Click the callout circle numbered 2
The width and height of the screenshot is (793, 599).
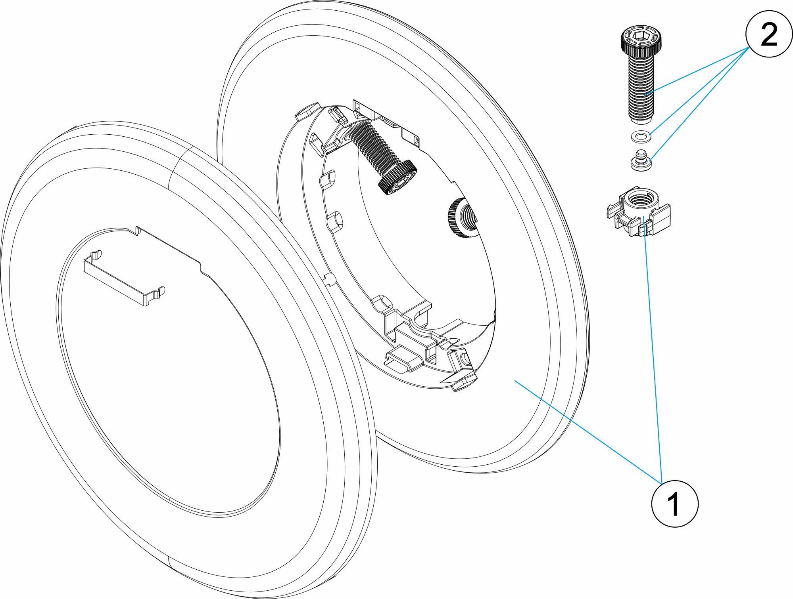coord(769,34)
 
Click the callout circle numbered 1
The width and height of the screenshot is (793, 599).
coord(675,504)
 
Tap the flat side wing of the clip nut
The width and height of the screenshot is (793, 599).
coord(659,222)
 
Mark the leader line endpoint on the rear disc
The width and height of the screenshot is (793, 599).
coord(515,380)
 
